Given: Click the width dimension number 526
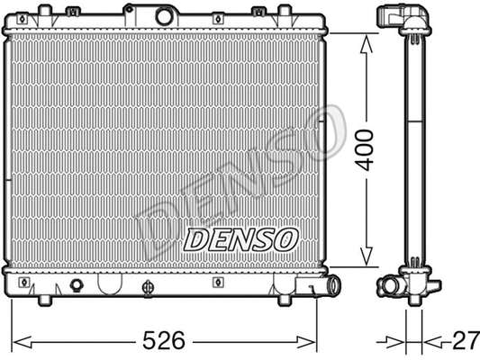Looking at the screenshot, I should click(x=166, y=340).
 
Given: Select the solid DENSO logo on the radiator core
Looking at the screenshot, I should click(x=240, y=239).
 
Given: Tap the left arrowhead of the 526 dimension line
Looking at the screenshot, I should click(x=20, y=341).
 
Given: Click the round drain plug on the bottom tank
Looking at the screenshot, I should click(x=76, y=286).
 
